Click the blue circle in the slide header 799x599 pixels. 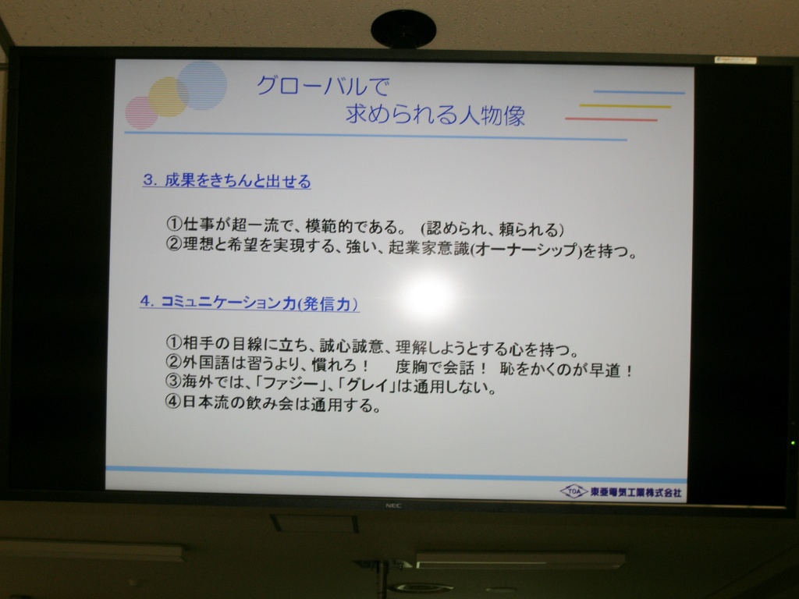click(x=202, y=85)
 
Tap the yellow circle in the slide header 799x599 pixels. click(x=169, y=97)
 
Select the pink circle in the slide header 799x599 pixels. click(x=142, y=112)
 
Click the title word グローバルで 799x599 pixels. click(x=323, y=86)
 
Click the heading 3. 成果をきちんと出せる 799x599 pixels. click(x=227, y=181)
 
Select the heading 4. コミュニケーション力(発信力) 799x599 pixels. click(x=249, y=303)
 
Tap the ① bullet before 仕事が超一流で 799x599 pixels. click(x=174, y=224)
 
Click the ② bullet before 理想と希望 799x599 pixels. click(x=174, y=244)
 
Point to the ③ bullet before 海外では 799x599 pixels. click(x=173, y=381)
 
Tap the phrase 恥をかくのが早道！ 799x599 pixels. click(x=566, y=370)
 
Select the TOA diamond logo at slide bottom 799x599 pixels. click(x=574, y=491)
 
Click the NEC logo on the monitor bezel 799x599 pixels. click(x=393, y=505)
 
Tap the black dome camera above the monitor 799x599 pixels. click(x=403, y=29)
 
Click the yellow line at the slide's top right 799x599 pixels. click(x=625, y=106)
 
